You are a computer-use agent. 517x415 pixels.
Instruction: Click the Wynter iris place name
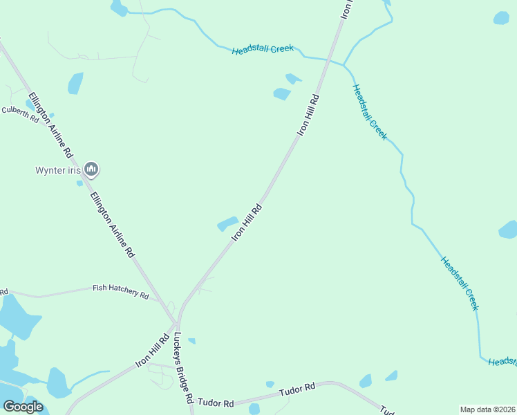coord(58,170)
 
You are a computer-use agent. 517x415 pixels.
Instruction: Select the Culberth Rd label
coord(20,113)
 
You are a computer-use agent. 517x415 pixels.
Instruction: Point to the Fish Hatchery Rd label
coord(121,291)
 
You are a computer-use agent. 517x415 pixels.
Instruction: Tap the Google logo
coord(23,407)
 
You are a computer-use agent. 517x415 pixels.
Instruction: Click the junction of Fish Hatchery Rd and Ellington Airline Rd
coord(160,299)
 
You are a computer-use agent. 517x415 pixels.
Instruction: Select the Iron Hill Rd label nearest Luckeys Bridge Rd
coord(153,352)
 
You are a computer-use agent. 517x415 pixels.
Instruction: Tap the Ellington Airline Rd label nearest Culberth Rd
coord(49,122)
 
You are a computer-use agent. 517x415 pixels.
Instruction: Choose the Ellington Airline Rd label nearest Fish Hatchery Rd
coord(112,224)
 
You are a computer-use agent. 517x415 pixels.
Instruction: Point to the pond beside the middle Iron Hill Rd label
coord(227,224)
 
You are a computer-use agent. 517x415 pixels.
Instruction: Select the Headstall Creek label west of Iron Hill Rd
coord(263,49)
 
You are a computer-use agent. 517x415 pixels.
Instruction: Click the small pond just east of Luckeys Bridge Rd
coord(191,340)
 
